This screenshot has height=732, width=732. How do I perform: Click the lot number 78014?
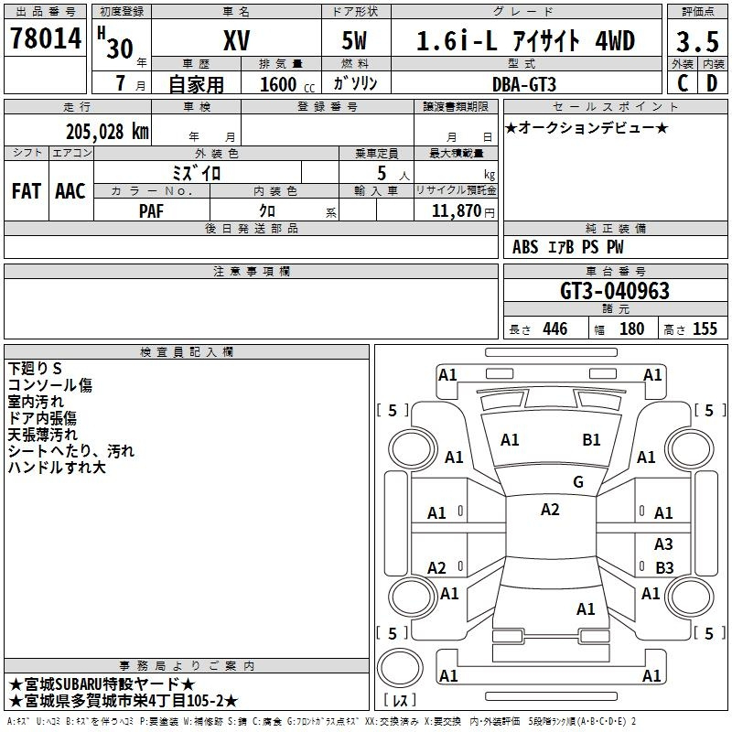(x=46, y=38)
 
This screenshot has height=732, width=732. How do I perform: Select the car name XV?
(x=237, y=40)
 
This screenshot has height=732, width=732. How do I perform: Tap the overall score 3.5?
(x=697, y=41)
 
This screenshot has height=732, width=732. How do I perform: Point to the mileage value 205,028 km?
(x=107, y=132)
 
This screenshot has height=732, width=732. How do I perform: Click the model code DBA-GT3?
(x=523, y=84)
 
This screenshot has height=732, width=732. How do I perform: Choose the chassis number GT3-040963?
(x=614, y=291)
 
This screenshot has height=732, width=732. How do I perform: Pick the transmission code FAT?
(x=27, y=191)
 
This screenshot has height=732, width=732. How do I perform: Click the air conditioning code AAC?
(x=70, y=191)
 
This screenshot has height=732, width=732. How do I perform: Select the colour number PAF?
(x=151, y=211)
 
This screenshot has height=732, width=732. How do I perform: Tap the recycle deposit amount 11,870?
(x=456, y=211)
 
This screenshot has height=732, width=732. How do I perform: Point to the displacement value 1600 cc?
(x=287, y=84)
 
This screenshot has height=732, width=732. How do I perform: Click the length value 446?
(x=555, y=328)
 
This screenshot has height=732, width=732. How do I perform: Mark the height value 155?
(x=705, y=328)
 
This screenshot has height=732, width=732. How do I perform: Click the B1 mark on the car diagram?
(x=591, y=440)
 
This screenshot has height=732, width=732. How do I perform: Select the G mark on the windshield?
(x=578, y=481)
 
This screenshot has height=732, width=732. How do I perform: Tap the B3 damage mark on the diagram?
(x=664, y=567)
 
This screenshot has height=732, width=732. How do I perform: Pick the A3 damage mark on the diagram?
(x=663, y=544)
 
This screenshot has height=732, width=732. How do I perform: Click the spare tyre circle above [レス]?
(x=400, y=668)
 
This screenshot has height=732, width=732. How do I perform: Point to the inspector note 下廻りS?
(x=35, y=369)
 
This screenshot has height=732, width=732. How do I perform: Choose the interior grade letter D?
(x=712, y=83)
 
